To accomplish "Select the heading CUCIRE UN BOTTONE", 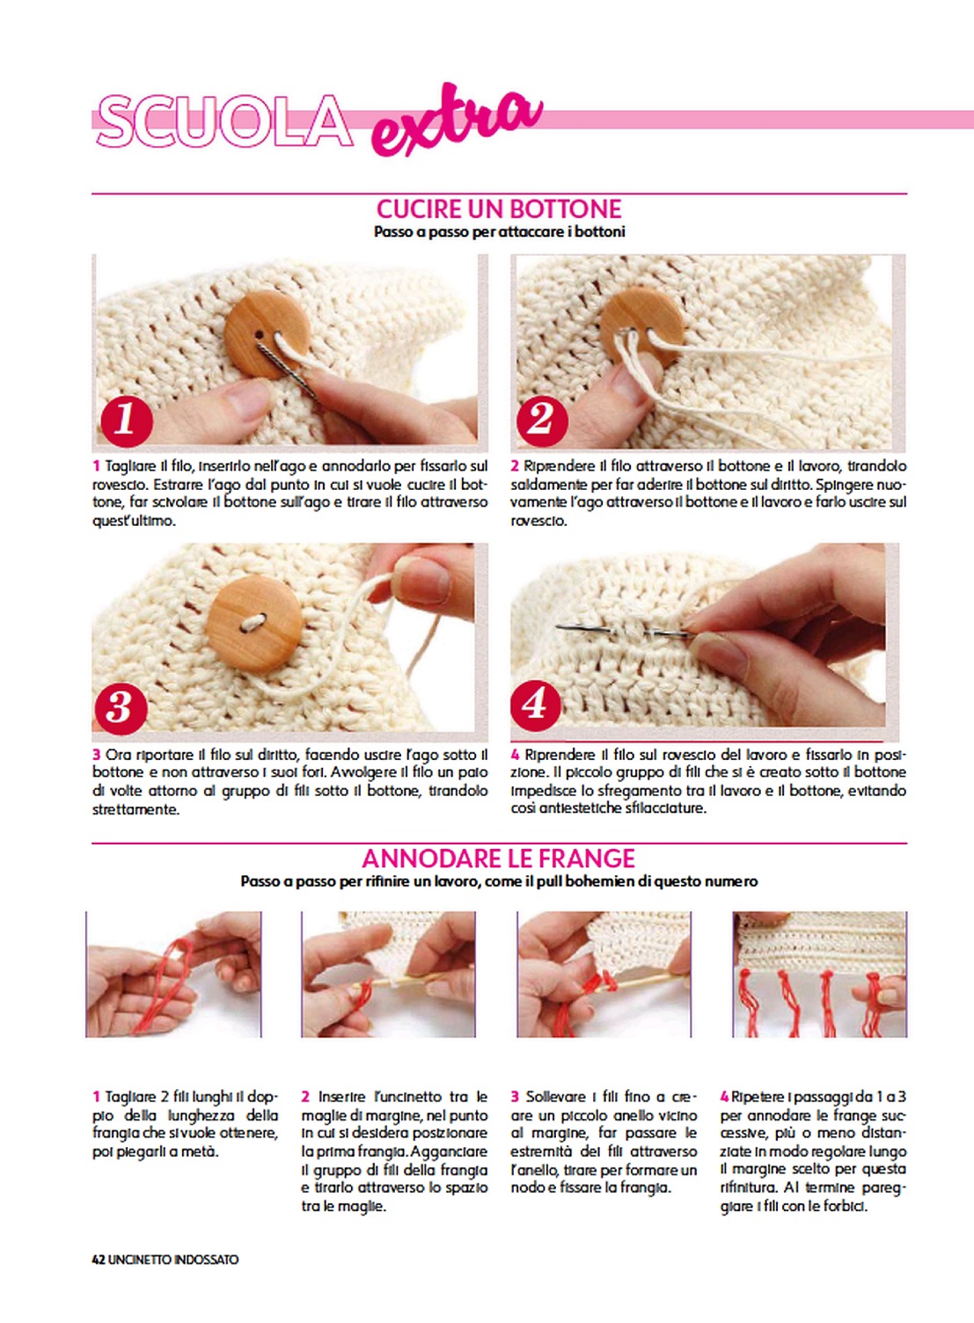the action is click(x=499, y=209).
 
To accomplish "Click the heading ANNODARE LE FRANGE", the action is click(x=499, y=859).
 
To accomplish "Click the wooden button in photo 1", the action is click(x=260, y=335).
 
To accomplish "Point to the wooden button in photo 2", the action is click(x=642, y=328).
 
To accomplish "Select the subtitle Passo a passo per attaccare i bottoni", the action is click(x=500, y=232).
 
